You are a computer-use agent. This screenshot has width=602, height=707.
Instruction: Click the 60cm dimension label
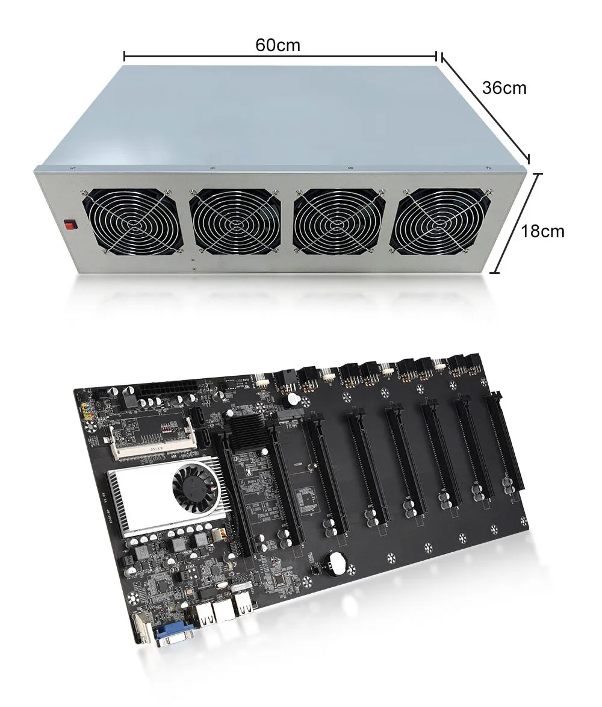(x=278, y=45)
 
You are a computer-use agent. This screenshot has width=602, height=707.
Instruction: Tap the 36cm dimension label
(x=504, y=88)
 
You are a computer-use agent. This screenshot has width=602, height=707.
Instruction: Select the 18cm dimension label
(x=542, y=231)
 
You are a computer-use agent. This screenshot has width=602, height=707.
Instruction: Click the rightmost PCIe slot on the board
(x=505, y=446)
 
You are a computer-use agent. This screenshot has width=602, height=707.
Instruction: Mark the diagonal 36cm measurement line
(x=485, y=107)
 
